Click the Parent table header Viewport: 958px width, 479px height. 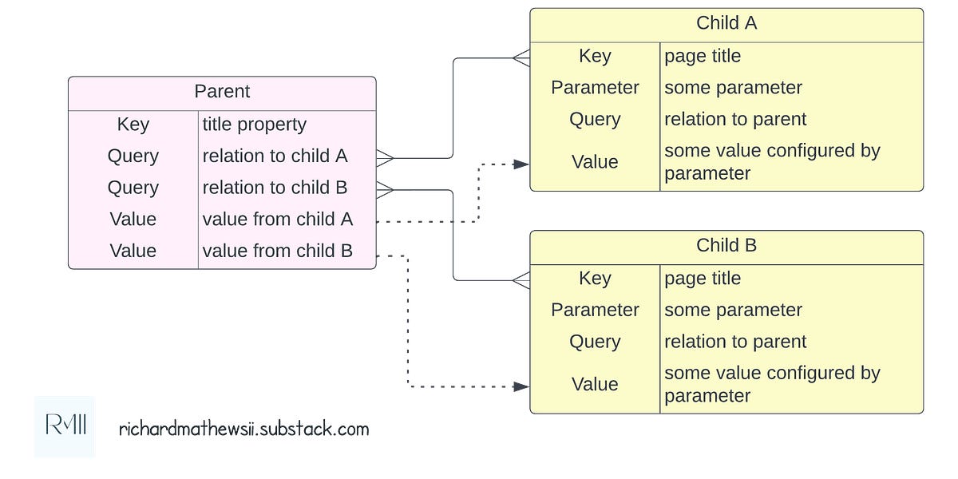click(222, 92)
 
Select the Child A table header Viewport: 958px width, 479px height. click(726, 23)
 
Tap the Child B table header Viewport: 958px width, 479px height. click(726, 246)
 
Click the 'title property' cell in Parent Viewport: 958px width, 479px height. click(254, 125)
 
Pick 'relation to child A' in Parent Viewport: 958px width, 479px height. click(275, 156)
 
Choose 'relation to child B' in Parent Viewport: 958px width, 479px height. click(275, 188)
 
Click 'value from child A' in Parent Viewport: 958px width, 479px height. click(277, 219)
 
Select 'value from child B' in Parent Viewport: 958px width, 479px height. click(277, 251)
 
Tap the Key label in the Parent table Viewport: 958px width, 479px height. click(133, 125)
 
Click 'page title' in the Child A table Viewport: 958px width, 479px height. click(703, 56)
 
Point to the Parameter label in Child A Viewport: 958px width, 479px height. click(595, 88)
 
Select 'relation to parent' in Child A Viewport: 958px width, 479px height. click(735, 119)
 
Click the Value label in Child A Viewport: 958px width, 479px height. click(595, 162)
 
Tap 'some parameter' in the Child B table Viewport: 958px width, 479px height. click(733, 310)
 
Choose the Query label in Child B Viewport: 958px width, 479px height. click(595, 342)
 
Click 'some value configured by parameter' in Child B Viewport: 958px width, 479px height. click(770, 384)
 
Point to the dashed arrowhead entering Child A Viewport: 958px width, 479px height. click(521, 164)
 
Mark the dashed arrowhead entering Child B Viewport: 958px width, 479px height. click(521, 386)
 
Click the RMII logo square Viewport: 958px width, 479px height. click(65, 427)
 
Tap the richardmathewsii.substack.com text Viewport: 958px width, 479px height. click(243, 429)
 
